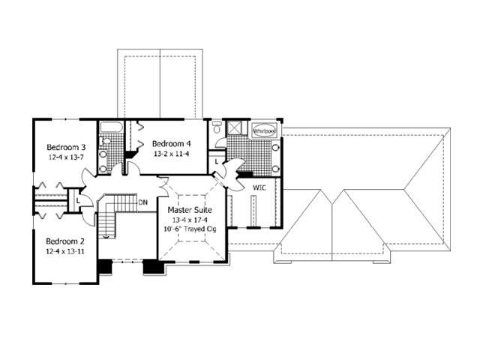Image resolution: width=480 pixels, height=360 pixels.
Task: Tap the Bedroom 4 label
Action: (172, 143)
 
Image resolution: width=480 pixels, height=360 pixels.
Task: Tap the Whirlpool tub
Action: (264, 130)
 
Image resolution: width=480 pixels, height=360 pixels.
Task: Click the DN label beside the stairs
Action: (142, 202)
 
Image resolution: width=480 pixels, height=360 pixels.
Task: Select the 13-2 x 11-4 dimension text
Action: (172, 154)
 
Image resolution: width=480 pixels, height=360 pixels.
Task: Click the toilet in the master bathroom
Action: (217, 129)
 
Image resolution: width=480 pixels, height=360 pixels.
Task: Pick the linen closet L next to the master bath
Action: (216, 160)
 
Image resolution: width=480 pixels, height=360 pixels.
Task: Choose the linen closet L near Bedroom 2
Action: (78, 201)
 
